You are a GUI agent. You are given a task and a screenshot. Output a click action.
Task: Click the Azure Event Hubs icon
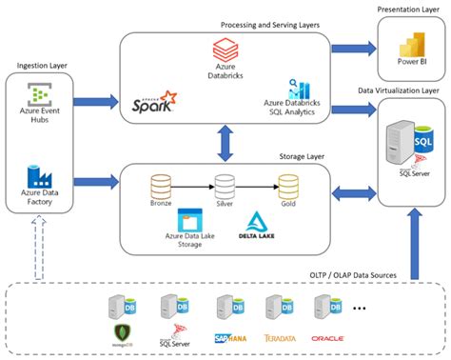[x=38, y=97]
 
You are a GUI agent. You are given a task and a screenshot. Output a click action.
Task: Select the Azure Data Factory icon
[x=38, y=177]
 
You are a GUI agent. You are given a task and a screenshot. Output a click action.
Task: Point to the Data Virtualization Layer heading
[x=398, y=90]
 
